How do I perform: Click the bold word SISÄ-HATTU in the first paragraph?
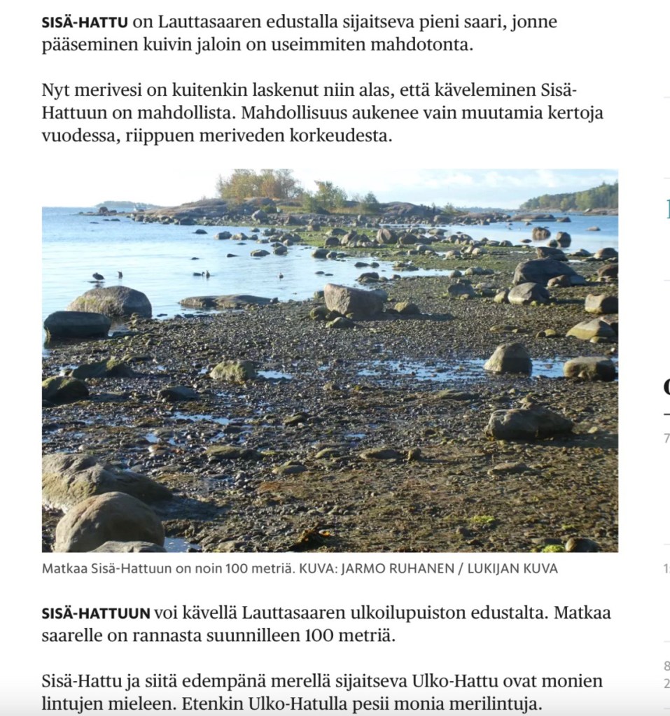(x=85, y=22)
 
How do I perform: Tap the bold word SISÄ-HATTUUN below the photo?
(x=96, y=614)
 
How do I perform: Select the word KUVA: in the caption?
(x=316, y=569)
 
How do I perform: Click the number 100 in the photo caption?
(x=235, y=569)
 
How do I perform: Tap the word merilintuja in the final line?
(x=501, y=704)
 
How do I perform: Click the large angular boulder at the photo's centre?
(x=353, y=300)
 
